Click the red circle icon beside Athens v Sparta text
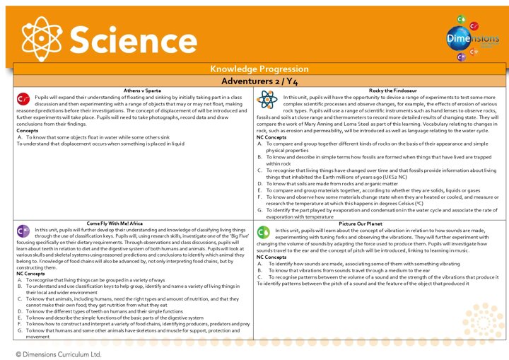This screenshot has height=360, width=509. click(23, 99)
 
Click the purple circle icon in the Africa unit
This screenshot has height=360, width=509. click(23, 211)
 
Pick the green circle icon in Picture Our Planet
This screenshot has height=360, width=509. click(263, 211)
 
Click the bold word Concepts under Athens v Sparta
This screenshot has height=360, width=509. click(28, 131)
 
